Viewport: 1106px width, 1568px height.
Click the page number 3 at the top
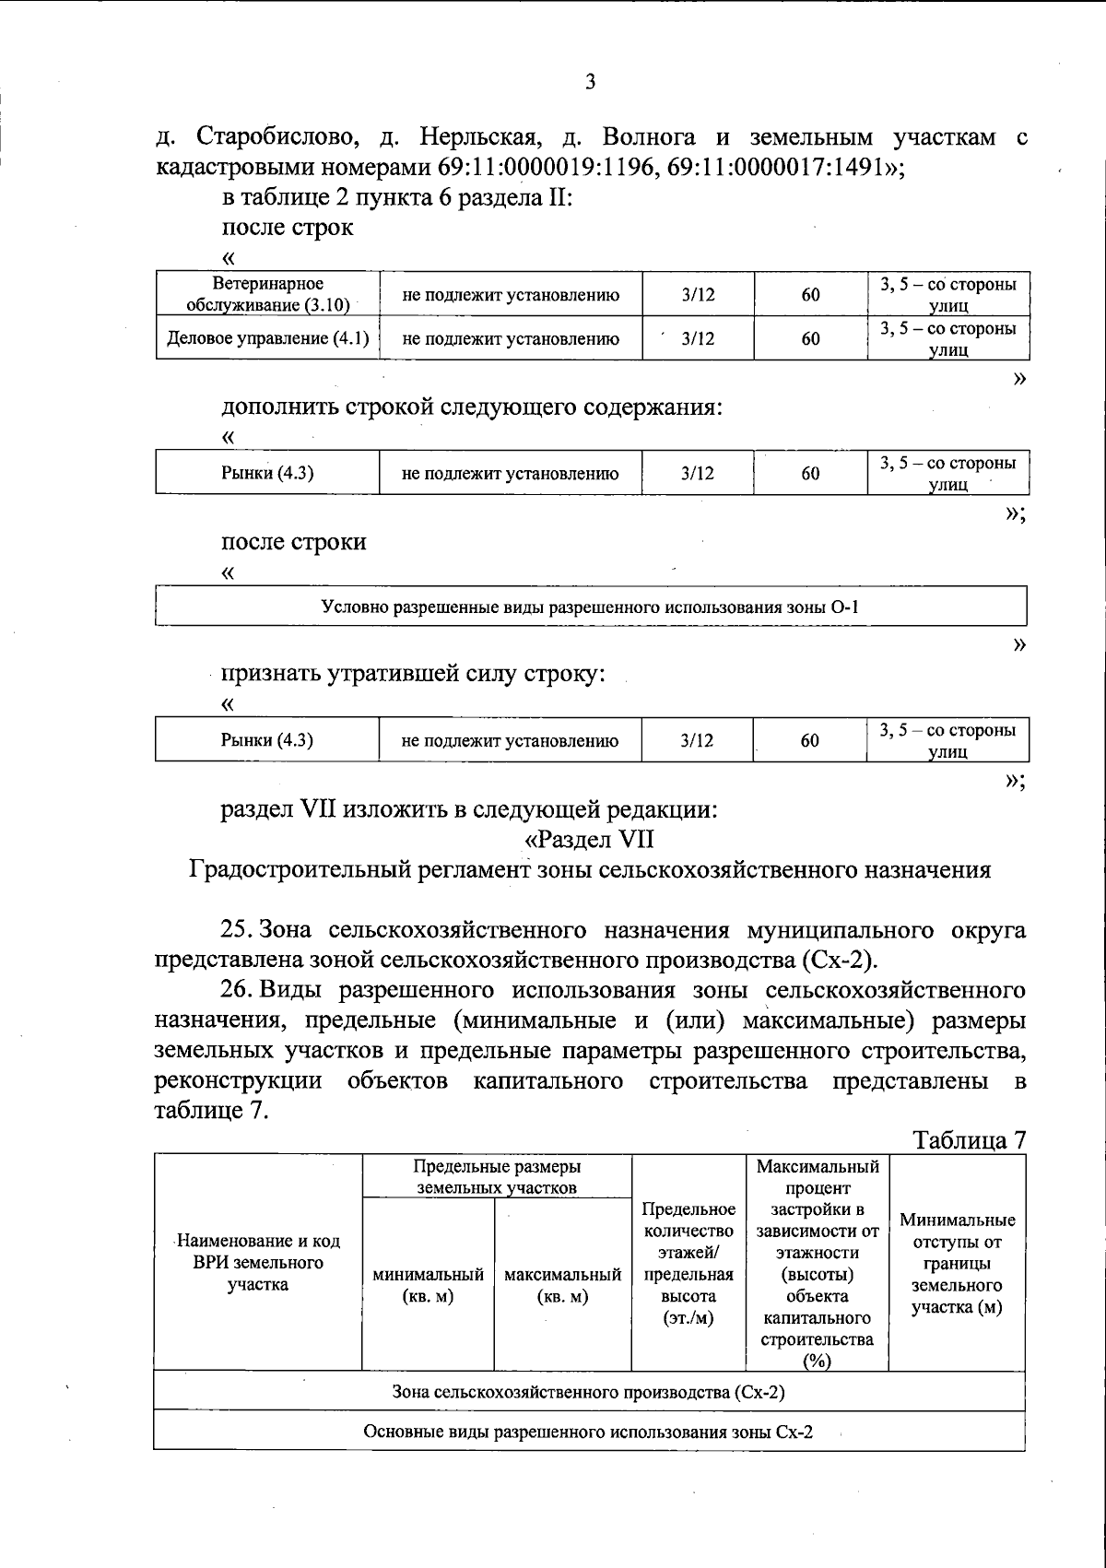click(x=590, y=82)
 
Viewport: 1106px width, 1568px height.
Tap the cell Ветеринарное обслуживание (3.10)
click(x=267, y=294)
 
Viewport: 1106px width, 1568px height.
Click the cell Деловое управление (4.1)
click(x=267, y=338)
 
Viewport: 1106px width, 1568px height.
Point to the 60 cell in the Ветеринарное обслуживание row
click(x=810, y=294)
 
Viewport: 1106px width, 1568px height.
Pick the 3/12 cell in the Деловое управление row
click(x=698, y=338)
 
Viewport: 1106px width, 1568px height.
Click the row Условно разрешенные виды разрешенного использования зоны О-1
click(x=590, y=607)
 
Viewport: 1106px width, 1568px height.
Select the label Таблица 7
click(x=968, y=1139)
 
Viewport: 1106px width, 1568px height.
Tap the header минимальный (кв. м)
click(x=428, y=1285)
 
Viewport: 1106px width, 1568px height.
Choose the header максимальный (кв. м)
click(x=562, y=1285)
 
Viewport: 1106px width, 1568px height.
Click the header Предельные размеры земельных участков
click(x=497, y=1177)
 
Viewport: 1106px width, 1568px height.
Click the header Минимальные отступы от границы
click(x=957, y=1263)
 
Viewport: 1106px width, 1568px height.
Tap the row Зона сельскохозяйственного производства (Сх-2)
click(x=589, y=1391)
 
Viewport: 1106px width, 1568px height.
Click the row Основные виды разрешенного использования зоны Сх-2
click(x=589, y=1432)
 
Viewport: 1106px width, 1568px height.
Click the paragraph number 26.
click(x=239, y=990)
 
